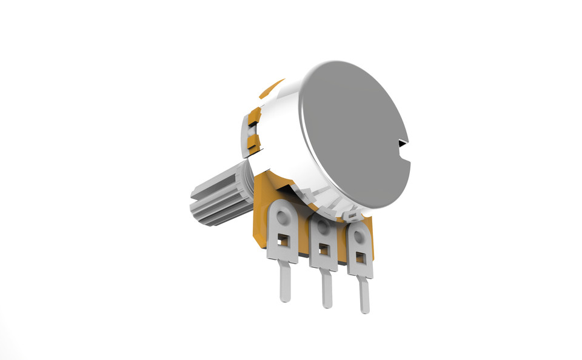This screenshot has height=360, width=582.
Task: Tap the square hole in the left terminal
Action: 282,241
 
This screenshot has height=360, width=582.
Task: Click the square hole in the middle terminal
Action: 324,249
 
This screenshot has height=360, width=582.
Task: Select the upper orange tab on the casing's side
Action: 255,115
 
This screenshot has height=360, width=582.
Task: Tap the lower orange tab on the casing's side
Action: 252,143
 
